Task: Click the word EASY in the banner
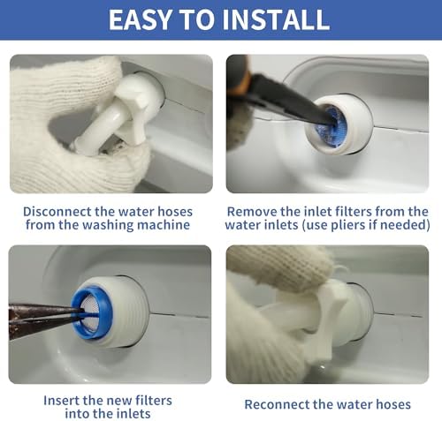(140, 19)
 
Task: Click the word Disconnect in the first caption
(57, 212)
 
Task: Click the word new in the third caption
(119, 401)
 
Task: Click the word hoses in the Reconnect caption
(393, 404)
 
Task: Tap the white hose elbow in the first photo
(121, 115)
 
